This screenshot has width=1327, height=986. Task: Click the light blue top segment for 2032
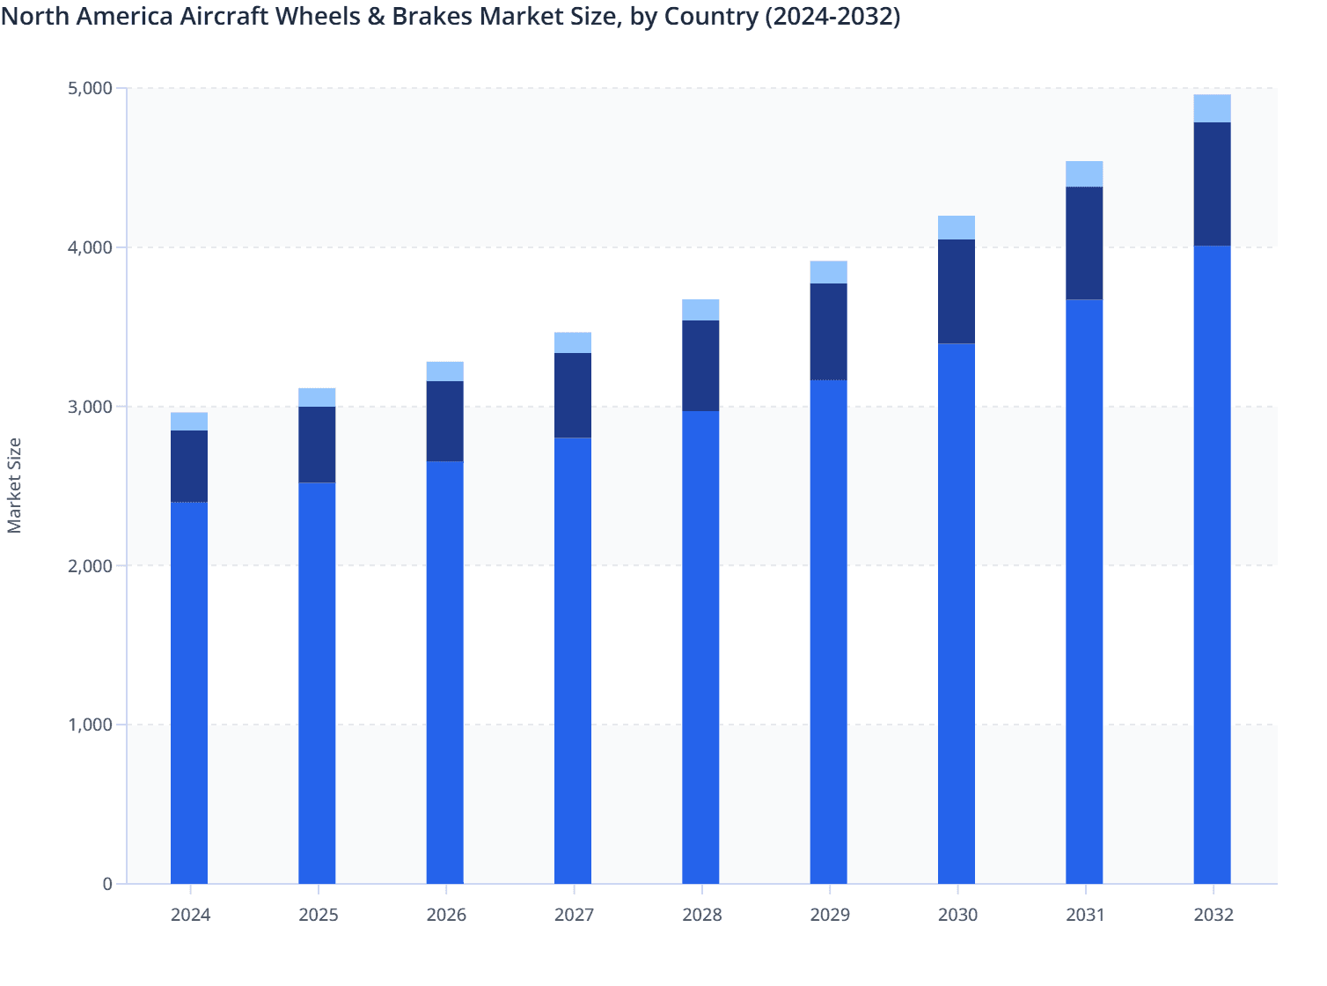tap(1212, 108)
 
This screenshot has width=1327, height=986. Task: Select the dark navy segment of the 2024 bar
tap(189, 466)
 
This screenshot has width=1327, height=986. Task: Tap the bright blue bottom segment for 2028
tap(700, 647)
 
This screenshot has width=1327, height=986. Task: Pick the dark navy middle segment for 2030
tap(957, 291)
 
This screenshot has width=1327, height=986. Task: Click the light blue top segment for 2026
tap(445, 372)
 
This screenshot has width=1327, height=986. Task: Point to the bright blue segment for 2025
tap(317, 683)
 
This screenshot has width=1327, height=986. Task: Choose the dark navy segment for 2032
tap(1212, 184)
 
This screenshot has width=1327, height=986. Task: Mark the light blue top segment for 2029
tap(828, 272)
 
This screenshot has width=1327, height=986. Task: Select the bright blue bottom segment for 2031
tap(1084, 592)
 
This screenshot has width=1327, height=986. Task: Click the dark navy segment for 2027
tap(573, 395)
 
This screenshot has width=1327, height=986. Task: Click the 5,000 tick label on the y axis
tap(90, 89)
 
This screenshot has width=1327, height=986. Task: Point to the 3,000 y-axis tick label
tap(90, 407)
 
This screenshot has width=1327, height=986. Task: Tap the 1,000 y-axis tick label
tap(90, 725)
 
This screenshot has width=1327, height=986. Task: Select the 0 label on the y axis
tap(107, 884)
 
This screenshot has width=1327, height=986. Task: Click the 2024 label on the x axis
tap(190, 916)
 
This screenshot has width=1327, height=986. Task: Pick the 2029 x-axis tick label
tap(830, 916)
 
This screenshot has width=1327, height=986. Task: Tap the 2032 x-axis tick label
tap(1213, 916)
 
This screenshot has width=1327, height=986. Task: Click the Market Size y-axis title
tap(15, 485)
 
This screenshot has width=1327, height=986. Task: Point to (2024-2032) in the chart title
tap(832, 16)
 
